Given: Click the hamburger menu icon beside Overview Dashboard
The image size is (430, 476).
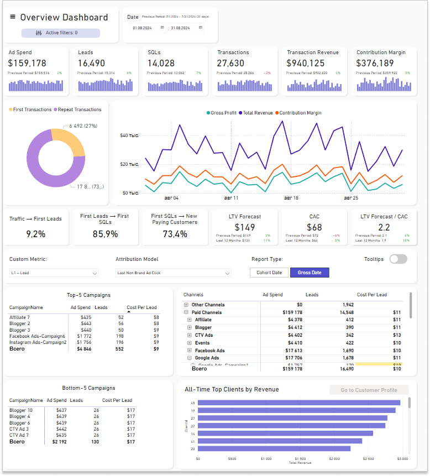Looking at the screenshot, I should pos(13,17).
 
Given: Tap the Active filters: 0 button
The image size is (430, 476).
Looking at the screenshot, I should pos(61,33).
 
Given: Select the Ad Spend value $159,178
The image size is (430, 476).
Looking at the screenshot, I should pos(28,64).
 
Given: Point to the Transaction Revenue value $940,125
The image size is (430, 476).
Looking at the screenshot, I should pos(306,64).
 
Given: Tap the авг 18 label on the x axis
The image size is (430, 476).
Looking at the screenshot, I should pos(291,198).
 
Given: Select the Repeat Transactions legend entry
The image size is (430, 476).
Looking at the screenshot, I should pos(77,109).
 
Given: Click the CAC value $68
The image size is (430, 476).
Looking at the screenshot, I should pos(314,227).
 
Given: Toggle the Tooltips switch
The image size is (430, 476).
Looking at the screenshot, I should pos(398,259).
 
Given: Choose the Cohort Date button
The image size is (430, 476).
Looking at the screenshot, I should pos(269,273).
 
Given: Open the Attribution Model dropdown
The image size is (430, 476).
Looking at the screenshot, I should pos(173,273).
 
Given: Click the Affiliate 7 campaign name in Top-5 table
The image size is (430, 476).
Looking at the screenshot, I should pos(19,317).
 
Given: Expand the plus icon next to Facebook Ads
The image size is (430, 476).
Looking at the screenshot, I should pos(190,351).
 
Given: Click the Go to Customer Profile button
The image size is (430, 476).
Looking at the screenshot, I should pos(369,390).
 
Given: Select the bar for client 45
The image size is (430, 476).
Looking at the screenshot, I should pos(299,402).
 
